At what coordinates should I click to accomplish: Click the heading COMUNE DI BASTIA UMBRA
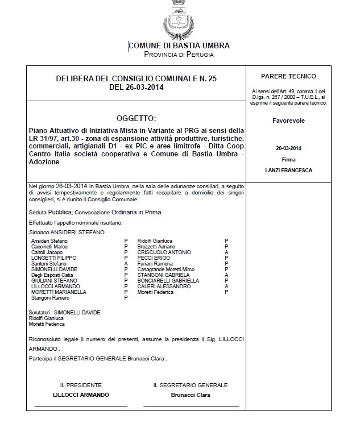tap(179, 45)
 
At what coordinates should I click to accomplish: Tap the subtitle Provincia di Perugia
tap(179, 55)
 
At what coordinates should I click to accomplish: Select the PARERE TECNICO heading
tap(288, 76)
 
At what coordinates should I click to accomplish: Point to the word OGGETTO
tap(135, 118)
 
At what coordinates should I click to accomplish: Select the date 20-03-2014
tap(288, 148)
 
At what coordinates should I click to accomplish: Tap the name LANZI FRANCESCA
tap(288, 170)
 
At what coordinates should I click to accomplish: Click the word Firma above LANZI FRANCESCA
tap(288, 160)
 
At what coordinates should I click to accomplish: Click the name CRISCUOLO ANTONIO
tap(164, 252)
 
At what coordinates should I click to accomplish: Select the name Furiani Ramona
tap(155, 263)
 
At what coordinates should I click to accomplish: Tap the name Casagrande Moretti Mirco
tap(166, 269)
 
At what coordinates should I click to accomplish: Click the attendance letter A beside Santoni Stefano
tap(126, 263)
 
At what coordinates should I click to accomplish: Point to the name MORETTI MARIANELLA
tap(59, 292)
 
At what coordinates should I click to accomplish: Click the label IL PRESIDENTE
tap(81, 385)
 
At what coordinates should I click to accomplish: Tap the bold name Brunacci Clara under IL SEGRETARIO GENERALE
tap(191, 394)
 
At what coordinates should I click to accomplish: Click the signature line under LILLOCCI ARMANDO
tap(81, 407)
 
